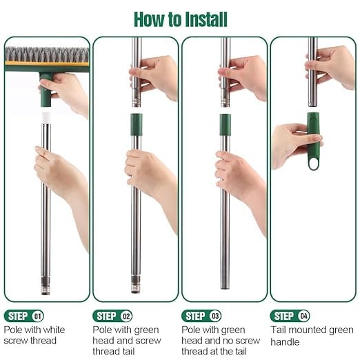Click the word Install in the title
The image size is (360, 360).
[206, 19]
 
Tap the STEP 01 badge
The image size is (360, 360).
[24, 316]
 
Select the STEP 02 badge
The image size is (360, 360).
[112, 316]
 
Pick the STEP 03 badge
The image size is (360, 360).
[201, 316]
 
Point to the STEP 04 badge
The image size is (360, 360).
[290, 316]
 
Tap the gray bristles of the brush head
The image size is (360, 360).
[47, 54]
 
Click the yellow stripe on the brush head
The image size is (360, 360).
[47, 63]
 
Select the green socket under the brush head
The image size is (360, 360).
[46, 90]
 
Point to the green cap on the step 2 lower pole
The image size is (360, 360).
[137, 124]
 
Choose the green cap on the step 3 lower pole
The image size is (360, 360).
[225, 124]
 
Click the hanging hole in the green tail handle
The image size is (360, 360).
[313, 163]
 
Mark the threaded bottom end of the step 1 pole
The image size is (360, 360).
[46, 286]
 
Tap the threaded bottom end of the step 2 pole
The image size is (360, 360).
[136, 284]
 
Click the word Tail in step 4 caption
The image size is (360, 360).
[278, 330]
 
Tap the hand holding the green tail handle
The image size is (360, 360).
[294, 145]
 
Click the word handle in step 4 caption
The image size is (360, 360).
[285, 342]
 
